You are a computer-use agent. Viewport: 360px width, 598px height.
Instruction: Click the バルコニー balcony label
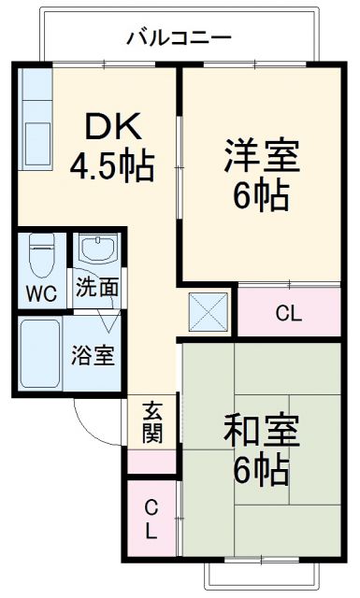(179, 39)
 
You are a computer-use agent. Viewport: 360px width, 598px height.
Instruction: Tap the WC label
(40, 292)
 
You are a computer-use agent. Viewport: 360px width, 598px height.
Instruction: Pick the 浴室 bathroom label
(94, 356)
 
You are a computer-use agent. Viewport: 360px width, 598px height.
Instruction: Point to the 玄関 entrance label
(151, 421)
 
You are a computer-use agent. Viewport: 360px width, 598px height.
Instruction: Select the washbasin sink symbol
(96, 250)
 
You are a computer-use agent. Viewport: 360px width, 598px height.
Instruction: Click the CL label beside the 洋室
(289, 314)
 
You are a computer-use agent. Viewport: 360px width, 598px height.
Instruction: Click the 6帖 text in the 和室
(261, 472)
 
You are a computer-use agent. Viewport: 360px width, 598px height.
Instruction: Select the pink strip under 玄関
(151, 462)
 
